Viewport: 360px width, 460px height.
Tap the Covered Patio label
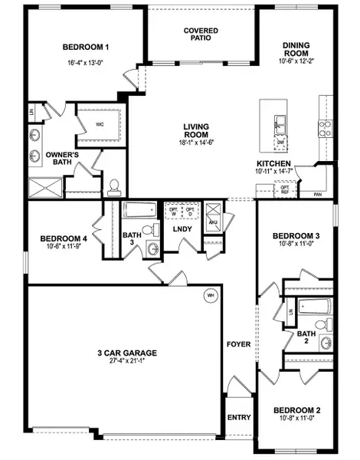coord(201,34)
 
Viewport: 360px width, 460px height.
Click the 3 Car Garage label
coord(126,353)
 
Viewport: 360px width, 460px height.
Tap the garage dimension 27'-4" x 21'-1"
coord(126,361)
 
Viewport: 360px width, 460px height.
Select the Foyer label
coord(238,344)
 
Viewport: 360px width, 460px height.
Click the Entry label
coord(239,419)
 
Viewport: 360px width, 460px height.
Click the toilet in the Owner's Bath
coord(113,186)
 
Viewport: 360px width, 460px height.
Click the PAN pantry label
coord(317,195)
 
